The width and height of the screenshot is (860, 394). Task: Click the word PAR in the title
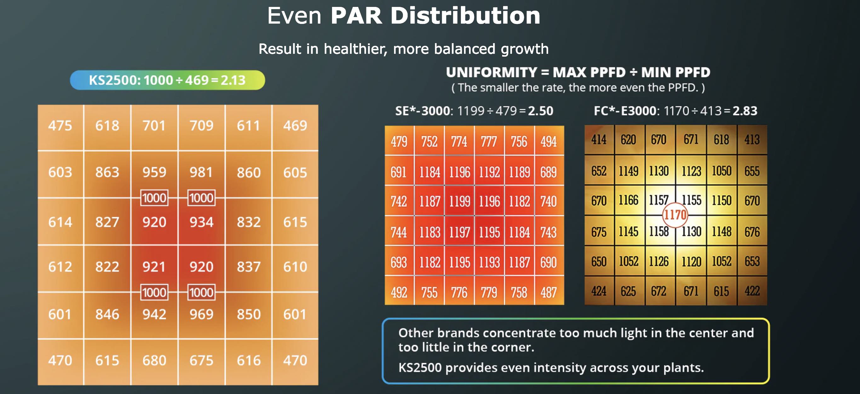[356, 16]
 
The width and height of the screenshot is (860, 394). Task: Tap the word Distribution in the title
[465, 16]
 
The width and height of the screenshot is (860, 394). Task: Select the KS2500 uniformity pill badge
[167, 80]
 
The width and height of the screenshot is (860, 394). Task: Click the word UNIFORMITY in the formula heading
[491, 72]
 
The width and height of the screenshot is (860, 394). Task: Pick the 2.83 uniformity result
[745, 111]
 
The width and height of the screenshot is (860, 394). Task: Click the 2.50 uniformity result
[541, 111]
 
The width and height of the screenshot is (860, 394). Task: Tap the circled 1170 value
[675, 215]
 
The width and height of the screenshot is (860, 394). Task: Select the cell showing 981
[201, 172]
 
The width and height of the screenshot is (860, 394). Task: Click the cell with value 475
[60, 126]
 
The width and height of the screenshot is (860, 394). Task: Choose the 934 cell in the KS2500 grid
[201, 222]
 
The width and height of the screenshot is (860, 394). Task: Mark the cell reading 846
[107, 314]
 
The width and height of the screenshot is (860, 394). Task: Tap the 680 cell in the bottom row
[154, 360]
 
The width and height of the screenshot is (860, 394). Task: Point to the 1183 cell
[430, 232]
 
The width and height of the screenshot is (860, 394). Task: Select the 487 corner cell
[549, 293]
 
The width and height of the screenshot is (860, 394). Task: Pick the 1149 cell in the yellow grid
[629, 171]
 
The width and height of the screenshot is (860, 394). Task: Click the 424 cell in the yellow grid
[599, 291]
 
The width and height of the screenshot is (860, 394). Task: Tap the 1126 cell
[659, 262]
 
